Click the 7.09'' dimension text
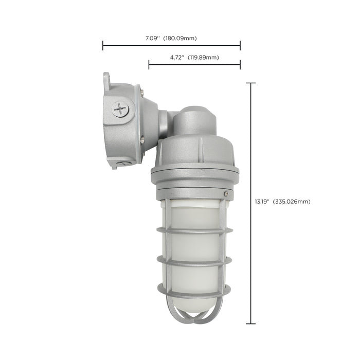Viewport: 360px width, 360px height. pos(154,38)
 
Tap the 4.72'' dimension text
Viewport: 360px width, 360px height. pos(178,57)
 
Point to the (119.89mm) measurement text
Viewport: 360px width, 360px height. pos(204,57)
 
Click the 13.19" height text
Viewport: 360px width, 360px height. pos(262,201)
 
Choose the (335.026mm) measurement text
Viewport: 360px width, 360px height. pos(292,201)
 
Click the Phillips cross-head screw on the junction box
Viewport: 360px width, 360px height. pos(120,109)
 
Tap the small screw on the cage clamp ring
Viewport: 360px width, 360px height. pos(226,193)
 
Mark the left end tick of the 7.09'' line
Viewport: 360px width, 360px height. pos(103,46)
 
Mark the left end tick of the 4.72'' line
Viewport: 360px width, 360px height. pos(149,64)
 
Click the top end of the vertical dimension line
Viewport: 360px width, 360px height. pos(251,83)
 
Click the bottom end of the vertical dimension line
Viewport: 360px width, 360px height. pos(251,323)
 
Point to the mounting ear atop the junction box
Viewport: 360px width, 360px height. pos(106,79)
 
